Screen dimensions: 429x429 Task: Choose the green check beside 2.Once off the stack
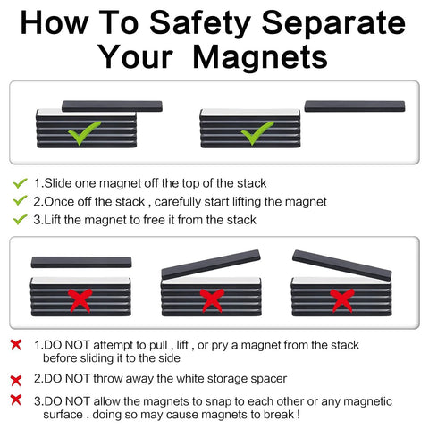click(19, 201)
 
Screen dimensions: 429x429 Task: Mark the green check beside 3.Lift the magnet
click(19, 219)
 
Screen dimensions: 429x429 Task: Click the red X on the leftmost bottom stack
click(80, 299)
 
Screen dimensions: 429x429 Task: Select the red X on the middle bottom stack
click(211, 299)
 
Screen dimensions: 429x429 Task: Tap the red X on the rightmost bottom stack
click(342, 299)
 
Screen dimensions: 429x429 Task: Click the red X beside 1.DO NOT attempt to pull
click(16, 344)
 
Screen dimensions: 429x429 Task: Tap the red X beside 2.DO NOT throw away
click(16, 380)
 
